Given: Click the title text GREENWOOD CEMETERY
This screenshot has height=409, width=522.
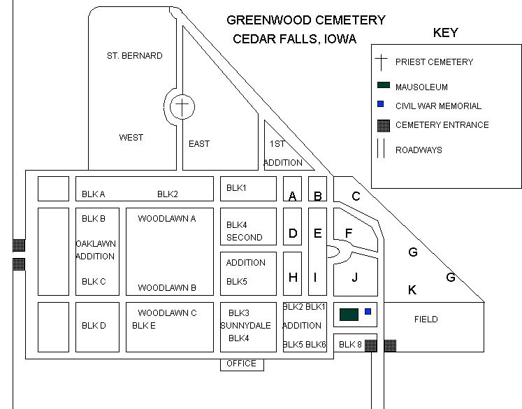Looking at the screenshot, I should click(x=305, y=21).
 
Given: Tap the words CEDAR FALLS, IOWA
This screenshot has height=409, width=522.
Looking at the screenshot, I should click(x=294, y=38).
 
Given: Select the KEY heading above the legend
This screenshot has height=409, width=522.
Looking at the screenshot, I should click(x=445, y=33).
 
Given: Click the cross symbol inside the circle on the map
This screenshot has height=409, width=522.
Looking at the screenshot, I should click(x=182, y=107).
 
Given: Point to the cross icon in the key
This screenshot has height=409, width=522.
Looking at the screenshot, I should click(x=382, y=62).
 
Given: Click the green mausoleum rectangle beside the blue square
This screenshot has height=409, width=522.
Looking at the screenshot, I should click(x=349, y=314).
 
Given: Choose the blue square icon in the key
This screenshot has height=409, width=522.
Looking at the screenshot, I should click(x=381, y=105).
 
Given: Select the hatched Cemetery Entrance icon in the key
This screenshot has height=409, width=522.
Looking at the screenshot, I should click(x=382, y=126).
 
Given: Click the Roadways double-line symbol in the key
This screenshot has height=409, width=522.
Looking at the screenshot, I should click(x=381, y=149).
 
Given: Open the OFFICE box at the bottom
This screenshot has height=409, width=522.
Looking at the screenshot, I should click(x=242, y=364).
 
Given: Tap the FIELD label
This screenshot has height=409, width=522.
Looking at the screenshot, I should click(x=426, y=320).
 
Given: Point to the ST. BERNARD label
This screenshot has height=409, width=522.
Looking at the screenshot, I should click(x=134, y=56).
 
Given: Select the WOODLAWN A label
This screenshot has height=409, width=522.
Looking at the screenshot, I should click(x=166, y=219).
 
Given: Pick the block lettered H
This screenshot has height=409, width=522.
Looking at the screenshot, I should click(x=293, y=278).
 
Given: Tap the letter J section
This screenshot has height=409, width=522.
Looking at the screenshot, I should click(x=354, y=278).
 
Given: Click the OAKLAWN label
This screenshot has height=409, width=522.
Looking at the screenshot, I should click(x=96, y=244).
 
